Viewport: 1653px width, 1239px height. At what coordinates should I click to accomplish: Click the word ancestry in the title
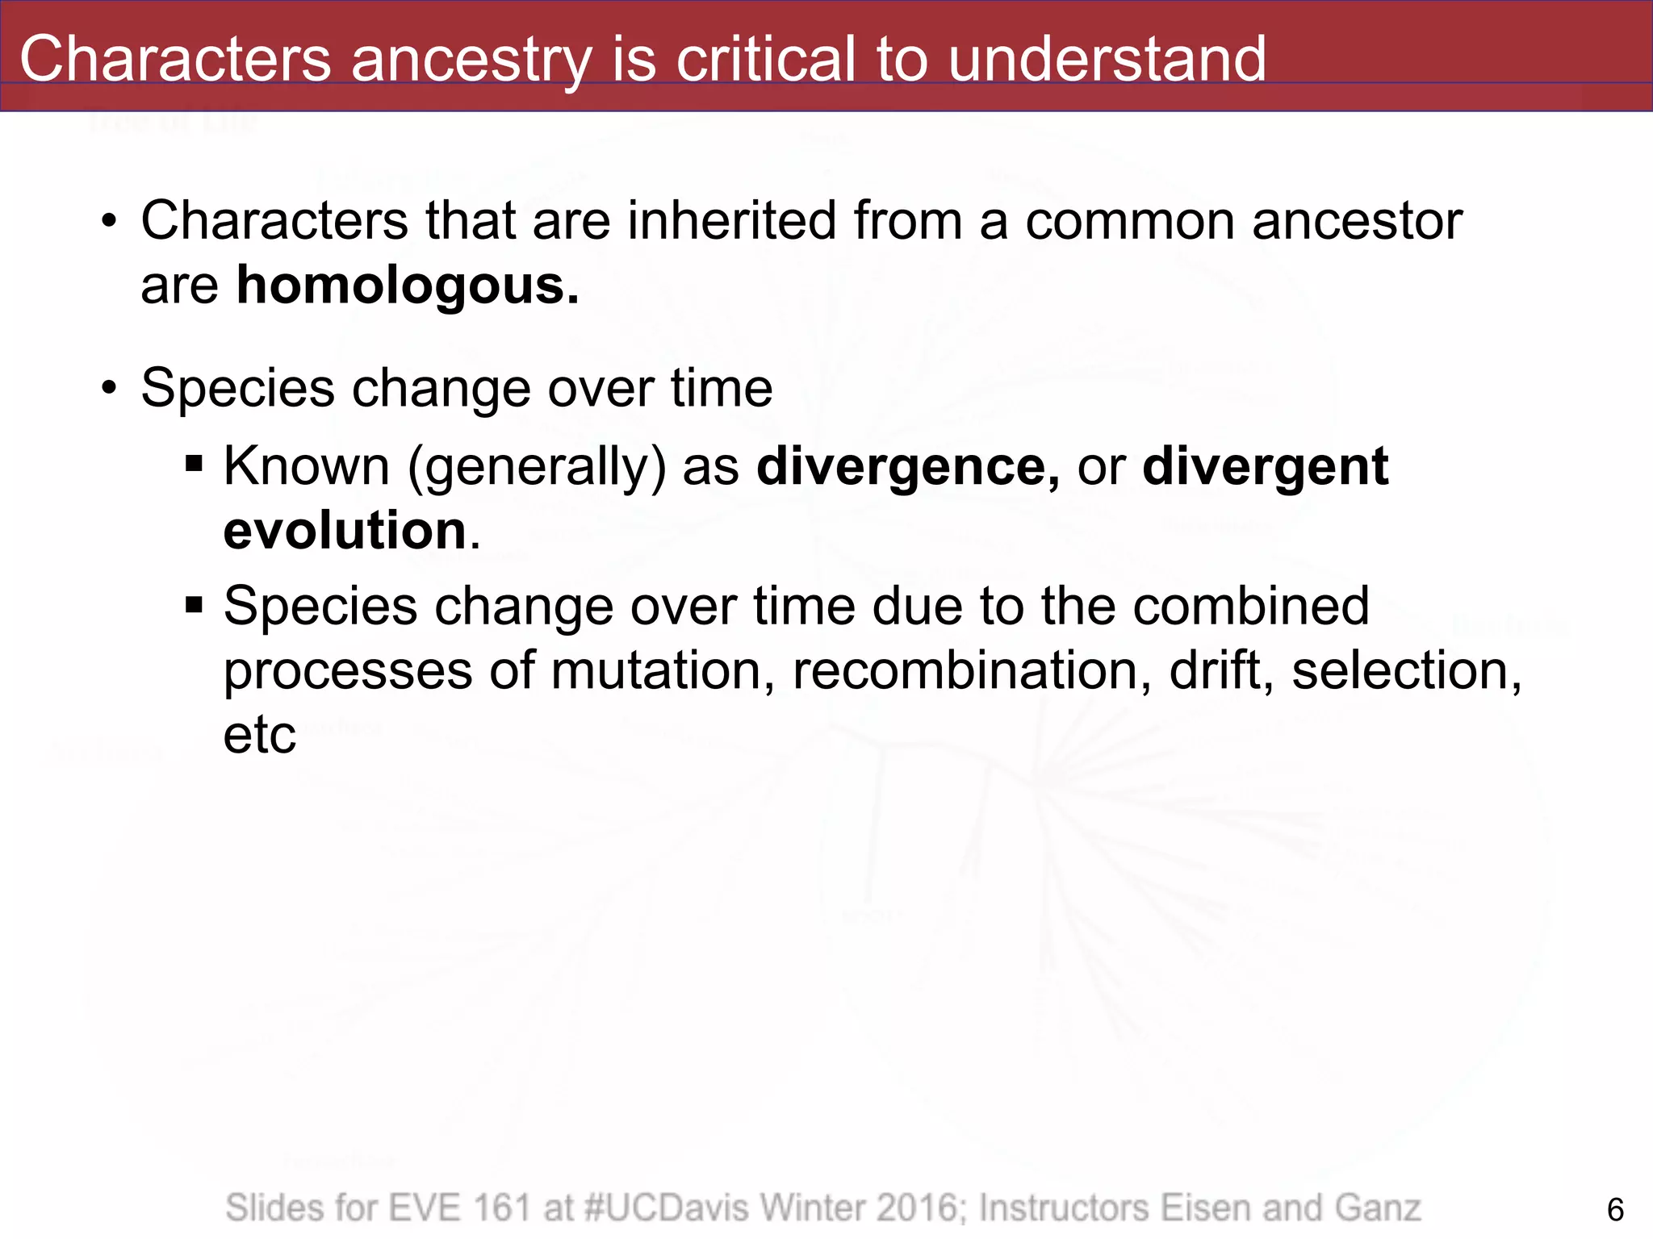point(471,60)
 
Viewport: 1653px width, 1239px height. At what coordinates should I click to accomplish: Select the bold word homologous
point(407,286)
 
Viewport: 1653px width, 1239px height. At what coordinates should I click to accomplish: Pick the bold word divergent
point(1265,467)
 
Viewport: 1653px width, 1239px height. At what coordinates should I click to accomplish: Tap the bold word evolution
point(345,531)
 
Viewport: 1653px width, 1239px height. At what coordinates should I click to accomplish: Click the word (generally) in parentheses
point(537,467)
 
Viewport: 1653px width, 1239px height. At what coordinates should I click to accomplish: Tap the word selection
point(1405,671)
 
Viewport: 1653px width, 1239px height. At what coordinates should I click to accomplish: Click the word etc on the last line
point(259,735)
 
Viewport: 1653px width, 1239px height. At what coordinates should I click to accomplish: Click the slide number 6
point(1615,1210)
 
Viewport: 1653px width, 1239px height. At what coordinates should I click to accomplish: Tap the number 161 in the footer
point(502,1208)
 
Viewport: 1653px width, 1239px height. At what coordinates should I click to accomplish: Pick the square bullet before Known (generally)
point(193,465)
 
